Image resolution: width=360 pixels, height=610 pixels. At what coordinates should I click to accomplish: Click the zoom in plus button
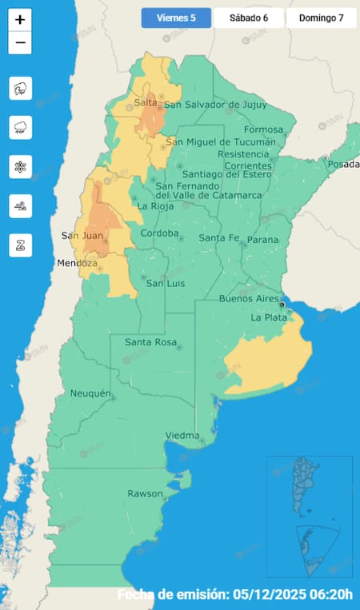(x=20, y=19)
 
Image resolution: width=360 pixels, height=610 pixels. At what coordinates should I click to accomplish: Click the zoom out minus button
(x=20, y=42)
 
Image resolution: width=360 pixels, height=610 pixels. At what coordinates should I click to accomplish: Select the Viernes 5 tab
(x=176, y=18)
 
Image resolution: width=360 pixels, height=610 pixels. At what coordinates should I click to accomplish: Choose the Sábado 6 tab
(x=248, y=18)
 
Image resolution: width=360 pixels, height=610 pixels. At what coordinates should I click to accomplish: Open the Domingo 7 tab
(x=321, y=18)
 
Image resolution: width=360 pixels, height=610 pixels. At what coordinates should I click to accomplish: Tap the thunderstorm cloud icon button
(x=20, y=88)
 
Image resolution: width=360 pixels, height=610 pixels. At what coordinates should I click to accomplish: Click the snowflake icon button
(x=20, y=166)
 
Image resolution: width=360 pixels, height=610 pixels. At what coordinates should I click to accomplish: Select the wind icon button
(x=20, y=205)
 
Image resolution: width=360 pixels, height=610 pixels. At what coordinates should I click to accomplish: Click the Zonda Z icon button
(x=20, y=245)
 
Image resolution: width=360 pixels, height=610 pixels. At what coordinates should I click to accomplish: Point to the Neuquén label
(x=85, y=393)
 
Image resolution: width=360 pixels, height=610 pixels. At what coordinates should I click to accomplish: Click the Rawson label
(x=145, y=493)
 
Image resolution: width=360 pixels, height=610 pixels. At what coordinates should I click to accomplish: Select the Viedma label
(x=182, y=435)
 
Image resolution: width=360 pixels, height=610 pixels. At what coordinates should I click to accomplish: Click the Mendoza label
(x=76, y=263)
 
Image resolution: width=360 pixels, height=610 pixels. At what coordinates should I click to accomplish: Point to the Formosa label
(x=264, y=130)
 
